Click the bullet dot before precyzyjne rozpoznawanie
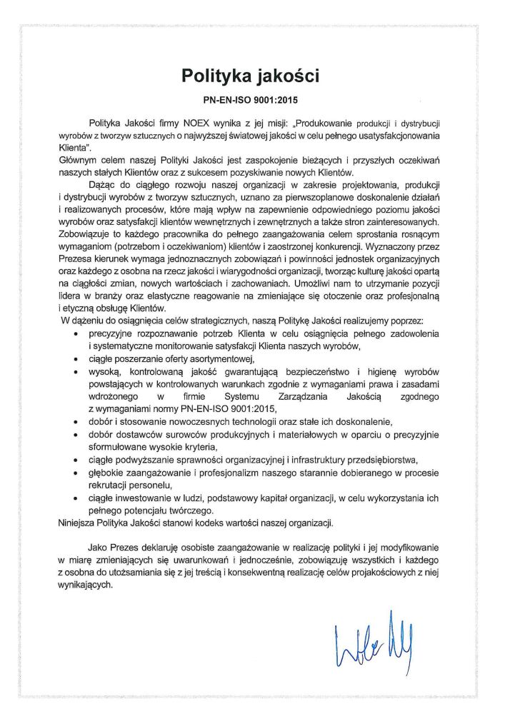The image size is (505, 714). click(x=76, y=334)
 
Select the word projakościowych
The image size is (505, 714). click(x=388, y=571)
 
